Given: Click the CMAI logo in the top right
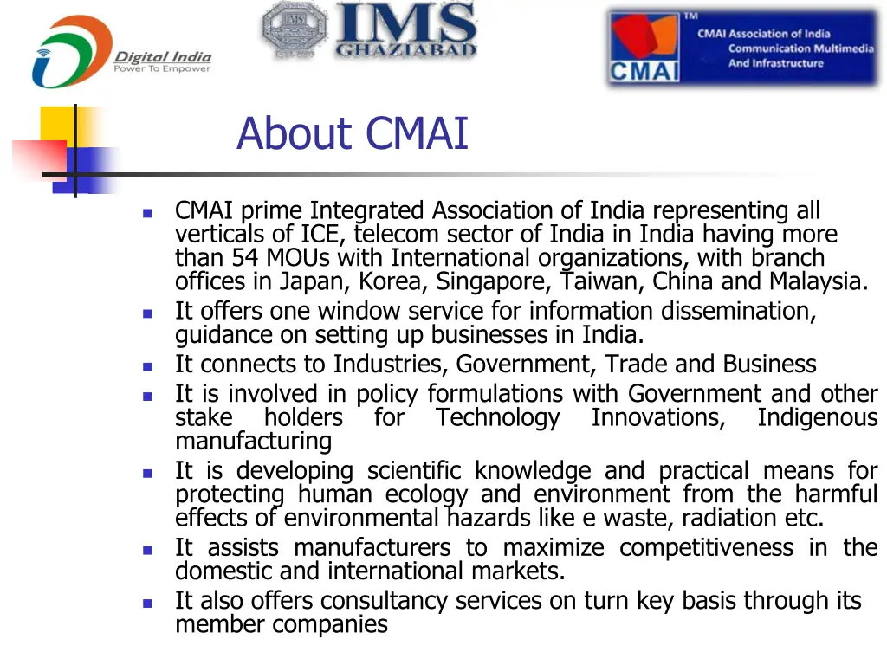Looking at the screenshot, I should click(742, 48).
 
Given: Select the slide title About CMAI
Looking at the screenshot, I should click(352, 134).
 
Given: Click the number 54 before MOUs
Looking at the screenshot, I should click(246, 258).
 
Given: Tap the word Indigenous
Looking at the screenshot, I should click(817, 418).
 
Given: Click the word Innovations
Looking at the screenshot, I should click(658, 418).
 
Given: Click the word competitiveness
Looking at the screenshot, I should click(706, 548).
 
